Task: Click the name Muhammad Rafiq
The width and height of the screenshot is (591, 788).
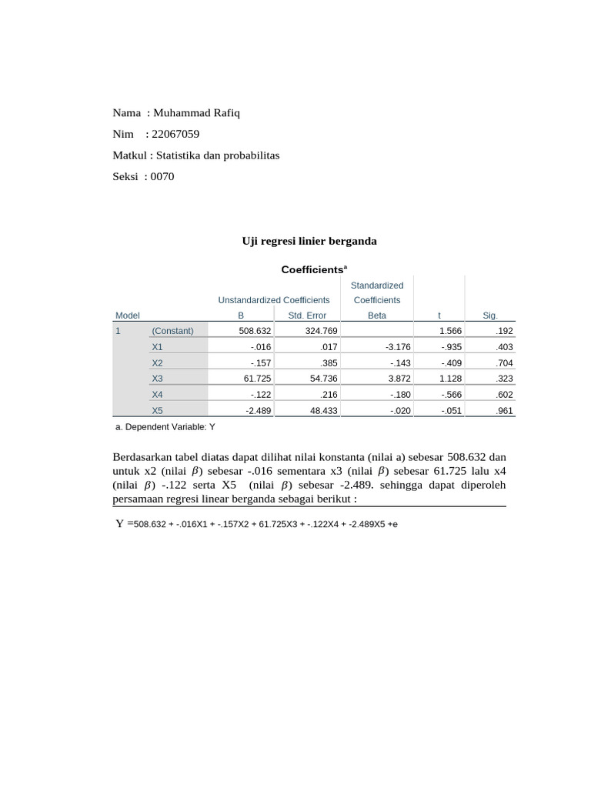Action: (x=197, y=113)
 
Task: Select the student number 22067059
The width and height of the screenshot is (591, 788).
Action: (x=177, y=134)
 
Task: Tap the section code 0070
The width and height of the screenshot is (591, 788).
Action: (x=162, y=176)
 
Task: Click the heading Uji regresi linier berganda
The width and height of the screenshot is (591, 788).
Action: (x=309, y=241)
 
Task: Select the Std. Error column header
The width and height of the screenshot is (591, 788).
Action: (x=306, y=316)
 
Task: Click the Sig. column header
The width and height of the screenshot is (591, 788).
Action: (x=489, y=316)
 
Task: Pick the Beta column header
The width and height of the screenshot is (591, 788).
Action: (x=376, y=316)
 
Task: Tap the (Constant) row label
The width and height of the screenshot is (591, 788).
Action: (x=172, y=331)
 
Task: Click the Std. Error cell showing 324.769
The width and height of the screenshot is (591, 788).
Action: (x=312, y=331)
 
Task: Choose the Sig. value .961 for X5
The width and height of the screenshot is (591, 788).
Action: (x=505, y=411)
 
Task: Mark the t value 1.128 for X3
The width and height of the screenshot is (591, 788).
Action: (x=450, y=379)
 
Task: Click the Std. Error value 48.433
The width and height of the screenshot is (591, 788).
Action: (x=314, y=411)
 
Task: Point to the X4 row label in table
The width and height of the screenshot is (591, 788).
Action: (x=157, y=395)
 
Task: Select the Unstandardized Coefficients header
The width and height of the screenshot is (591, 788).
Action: (x=273, y=300)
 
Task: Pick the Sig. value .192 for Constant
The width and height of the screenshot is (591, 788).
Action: (x=505, y=331)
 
